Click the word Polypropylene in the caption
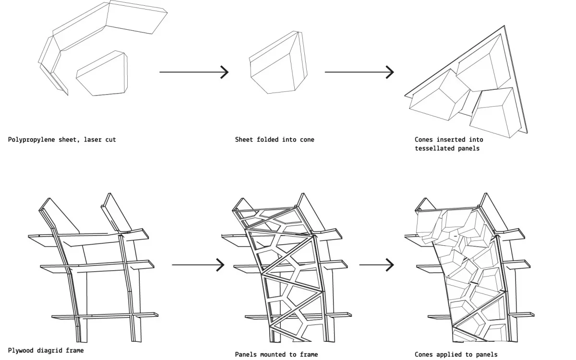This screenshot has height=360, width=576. click(31, 140)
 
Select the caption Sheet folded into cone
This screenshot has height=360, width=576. click(275, 140)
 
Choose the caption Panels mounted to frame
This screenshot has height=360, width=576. click(276, 354)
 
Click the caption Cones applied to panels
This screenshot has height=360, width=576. click(456, 354)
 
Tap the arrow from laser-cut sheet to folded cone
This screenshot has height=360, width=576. click(194, 72)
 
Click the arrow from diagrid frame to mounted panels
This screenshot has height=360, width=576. click(198, 264)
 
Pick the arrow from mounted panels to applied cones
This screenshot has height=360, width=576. click(376, 264)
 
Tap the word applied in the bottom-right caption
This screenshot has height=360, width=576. click(453, 354)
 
